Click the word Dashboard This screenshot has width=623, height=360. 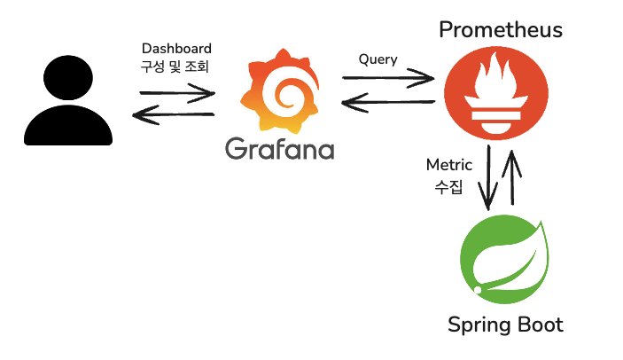[x=177, y=48]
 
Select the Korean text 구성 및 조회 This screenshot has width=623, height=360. [x=177, y=67]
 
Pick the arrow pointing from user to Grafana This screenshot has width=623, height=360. [x=177, y=91]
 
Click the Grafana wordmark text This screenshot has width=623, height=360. [x=279, y=148]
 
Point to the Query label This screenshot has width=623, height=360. [x=378, y=59]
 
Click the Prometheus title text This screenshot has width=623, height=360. [x=501, y=30]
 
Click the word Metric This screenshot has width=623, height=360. [x=449, y=165]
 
